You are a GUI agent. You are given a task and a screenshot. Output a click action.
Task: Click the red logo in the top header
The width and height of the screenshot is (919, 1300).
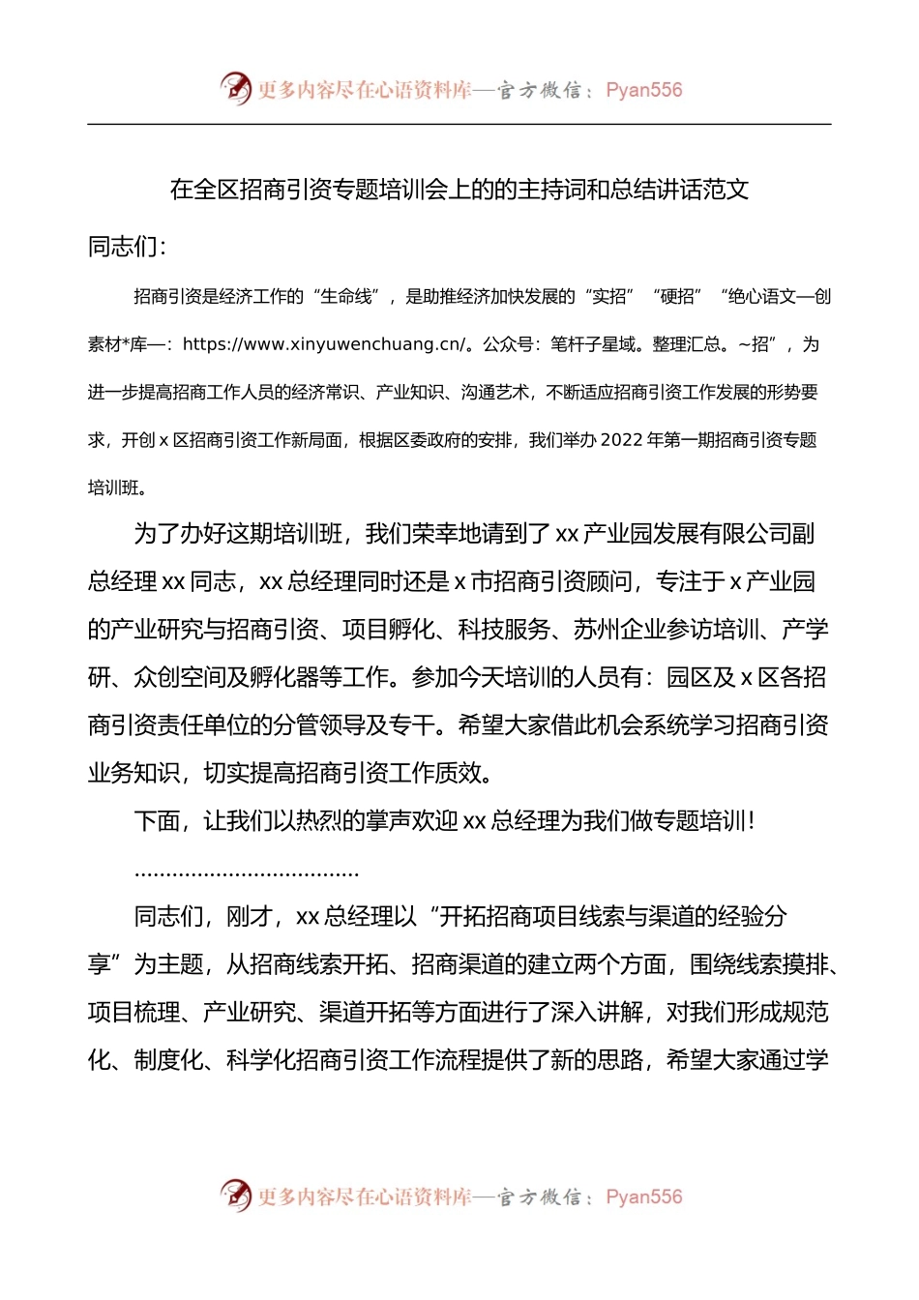235,88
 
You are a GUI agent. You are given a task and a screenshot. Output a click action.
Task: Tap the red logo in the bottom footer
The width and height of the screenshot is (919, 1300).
235,1196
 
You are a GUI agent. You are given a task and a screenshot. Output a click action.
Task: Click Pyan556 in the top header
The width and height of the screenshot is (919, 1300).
643,90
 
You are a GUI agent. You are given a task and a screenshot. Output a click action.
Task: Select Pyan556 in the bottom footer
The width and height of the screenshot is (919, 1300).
643,1197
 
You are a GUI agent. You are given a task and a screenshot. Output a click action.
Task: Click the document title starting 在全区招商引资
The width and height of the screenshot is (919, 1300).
459,190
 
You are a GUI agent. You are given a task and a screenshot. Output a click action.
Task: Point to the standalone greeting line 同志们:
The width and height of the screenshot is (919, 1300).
127,247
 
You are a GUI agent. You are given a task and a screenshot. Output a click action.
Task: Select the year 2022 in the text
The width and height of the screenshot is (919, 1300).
621,440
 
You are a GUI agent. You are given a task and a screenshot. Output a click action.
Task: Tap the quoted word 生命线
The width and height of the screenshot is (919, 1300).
346,297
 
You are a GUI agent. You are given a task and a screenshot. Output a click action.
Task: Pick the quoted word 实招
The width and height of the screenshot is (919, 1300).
608,297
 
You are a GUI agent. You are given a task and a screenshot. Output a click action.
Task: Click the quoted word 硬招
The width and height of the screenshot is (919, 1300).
677,297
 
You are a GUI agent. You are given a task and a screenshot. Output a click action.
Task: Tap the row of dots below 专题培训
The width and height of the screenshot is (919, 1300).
247,873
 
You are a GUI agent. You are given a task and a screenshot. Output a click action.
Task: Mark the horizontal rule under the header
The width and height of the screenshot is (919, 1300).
459,124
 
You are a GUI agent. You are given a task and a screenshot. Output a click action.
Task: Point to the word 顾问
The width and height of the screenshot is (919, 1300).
608,582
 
